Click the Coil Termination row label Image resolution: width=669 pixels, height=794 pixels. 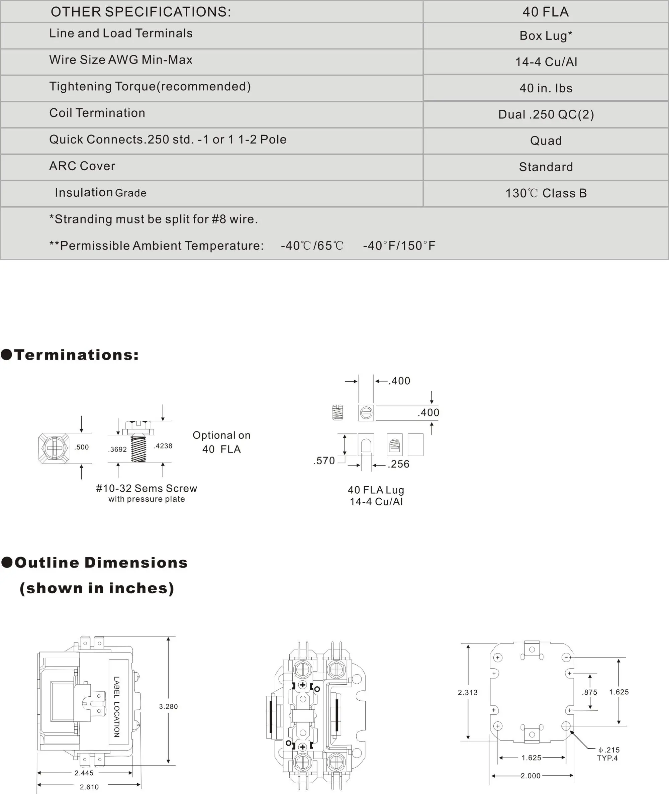[x=97, y=113]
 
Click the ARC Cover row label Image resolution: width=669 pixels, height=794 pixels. [x=82, y=166]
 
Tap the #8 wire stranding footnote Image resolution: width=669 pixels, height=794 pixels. [x=153, y=219]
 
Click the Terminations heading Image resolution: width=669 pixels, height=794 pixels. [x=76, y=355]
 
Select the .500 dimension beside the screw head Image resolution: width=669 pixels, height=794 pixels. [x=82, y=447]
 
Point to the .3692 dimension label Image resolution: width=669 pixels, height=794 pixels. [x=117, y=449]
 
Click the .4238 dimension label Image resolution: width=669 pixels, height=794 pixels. [x=163, y=446]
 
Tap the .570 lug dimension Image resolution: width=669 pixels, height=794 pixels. [x=324, y=461]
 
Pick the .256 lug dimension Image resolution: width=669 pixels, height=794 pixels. [x=398, y=464]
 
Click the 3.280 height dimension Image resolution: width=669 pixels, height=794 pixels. [x=168, y=706]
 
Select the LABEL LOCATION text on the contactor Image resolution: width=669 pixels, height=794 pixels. [x=116, y=707]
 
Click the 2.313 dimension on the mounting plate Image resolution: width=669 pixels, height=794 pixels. [x=468, y=692]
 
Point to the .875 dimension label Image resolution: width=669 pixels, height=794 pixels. [x=589, y=692]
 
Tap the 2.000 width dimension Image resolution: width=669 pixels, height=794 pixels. [x=530, y=776]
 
